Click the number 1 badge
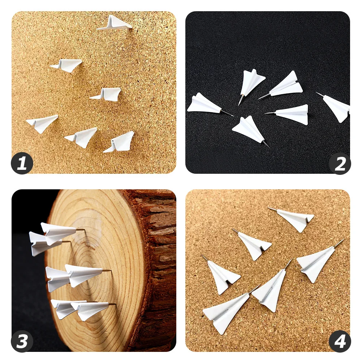click(22, 163)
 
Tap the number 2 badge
click(340, 163)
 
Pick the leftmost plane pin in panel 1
click(42, 123)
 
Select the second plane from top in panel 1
click(67, 65)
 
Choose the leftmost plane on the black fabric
click(203, 104)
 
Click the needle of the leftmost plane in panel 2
click(227, 113)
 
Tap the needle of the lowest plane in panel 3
click(112, 304)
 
